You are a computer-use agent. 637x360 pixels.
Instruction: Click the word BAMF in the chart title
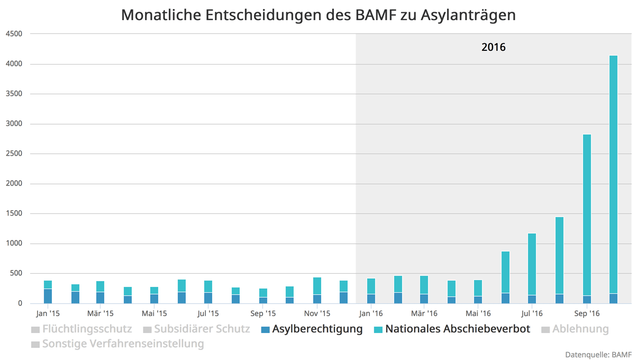click(375, 15)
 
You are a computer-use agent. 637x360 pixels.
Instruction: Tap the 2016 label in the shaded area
click(493, 47)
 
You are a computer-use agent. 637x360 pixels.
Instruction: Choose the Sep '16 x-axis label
click(585, 313)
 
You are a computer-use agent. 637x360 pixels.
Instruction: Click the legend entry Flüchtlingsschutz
click(87, 329)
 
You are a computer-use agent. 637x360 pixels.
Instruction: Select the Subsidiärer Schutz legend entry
click(202, 329)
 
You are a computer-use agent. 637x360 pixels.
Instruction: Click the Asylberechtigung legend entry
click(317, 329)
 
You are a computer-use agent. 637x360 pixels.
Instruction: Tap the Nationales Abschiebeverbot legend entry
click(457, 329)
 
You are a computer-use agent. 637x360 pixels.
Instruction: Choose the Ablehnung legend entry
click(580, 329)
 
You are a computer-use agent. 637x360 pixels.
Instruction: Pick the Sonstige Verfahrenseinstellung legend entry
click(123, 344)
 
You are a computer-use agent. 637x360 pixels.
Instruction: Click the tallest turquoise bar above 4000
click(613, 175)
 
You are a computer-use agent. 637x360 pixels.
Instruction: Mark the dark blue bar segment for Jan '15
click(48, 296)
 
